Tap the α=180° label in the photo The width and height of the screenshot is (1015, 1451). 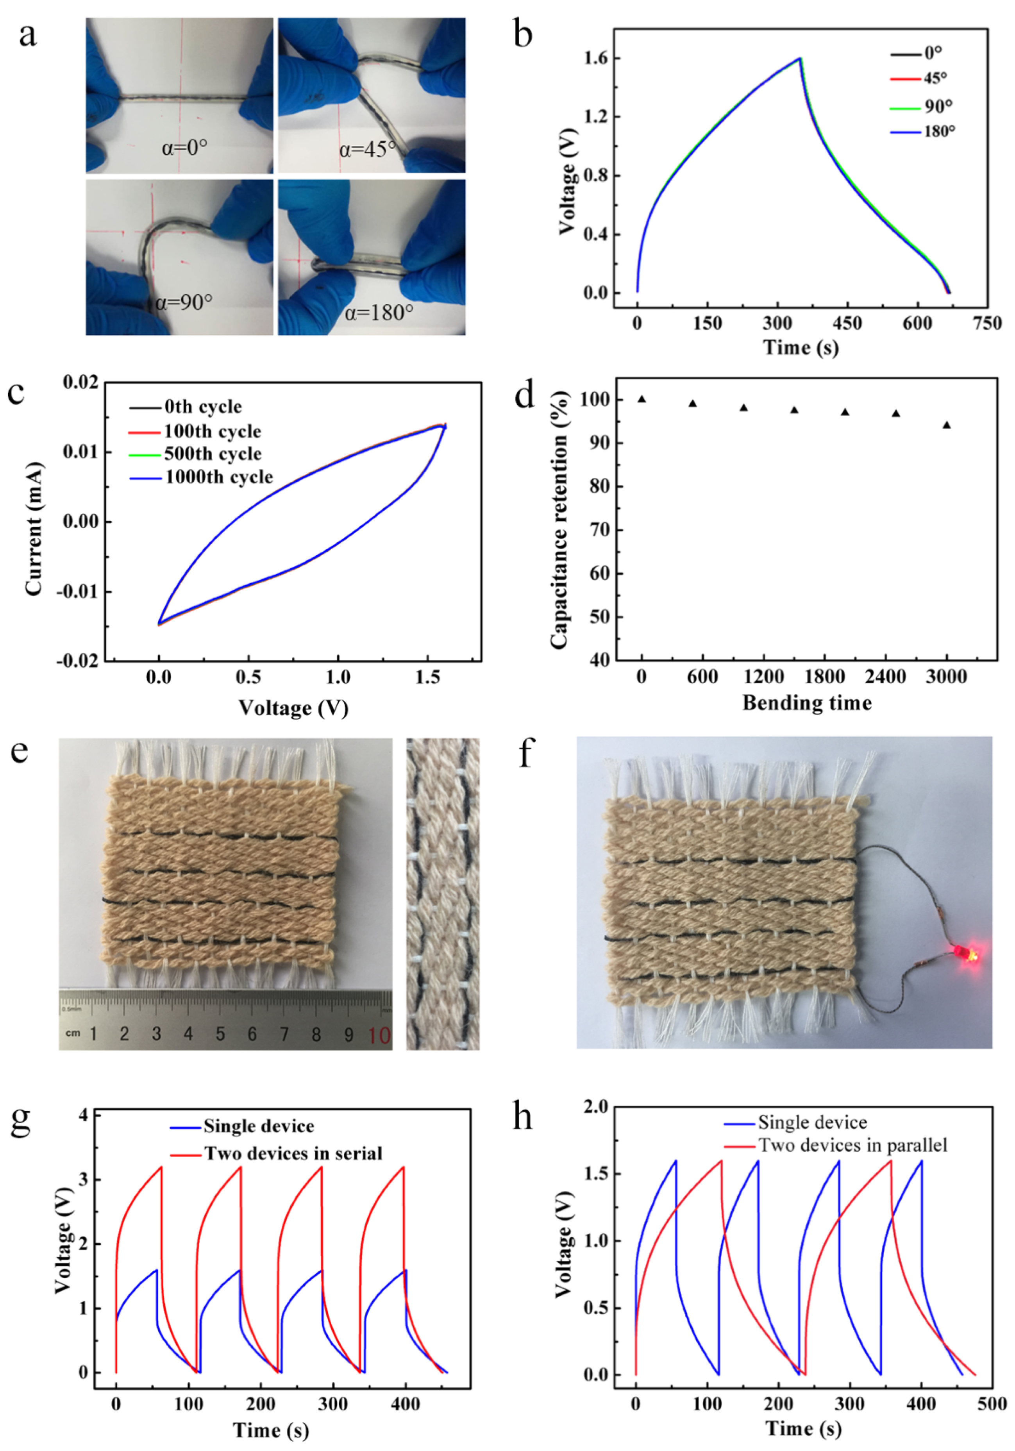tap(379, 312)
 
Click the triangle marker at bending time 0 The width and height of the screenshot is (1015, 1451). tap(642, 399)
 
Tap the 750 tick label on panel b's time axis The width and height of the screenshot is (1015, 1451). tap(986, 323)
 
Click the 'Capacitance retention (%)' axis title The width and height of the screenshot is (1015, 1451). tap(560, 520)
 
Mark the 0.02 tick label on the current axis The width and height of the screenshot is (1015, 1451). tap(81, 382)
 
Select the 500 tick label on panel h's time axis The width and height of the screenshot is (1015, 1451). tap(991, 1404)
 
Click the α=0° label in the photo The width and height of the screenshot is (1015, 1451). tap(184, 148)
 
